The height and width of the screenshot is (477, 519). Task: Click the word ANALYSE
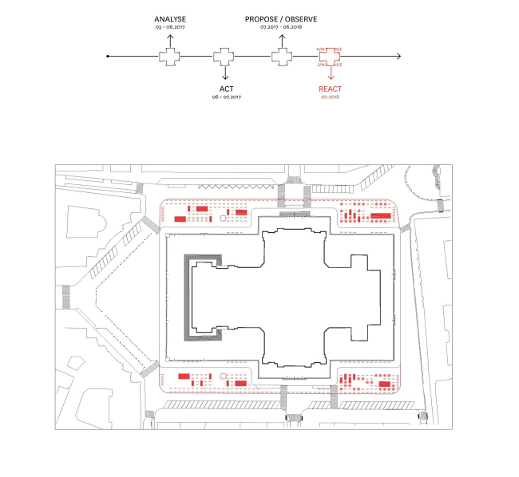point(169,18)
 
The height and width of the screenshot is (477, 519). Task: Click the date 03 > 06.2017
point(169,27)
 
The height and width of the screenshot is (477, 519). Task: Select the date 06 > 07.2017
point(227,97)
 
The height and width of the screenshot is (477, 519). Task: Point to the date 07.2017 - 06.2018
point(280,27)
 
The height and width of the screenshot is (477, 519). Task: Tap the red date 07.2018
point(330,97)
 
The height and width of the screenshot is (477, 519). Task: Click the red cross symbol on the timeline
point(330,57)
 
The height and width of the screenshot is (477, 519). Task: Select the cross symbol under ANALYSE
point(169,57)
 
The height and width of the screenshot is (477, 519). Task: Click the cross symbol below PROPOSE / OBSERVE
point(280,57)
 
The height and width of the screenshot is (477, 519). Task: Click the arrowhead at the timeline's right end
point(398,57)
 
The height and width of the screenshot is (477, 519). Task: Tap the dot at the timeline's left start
point(107,57)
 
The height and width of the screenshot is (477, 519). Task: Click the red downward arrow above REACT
point(330,74)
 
